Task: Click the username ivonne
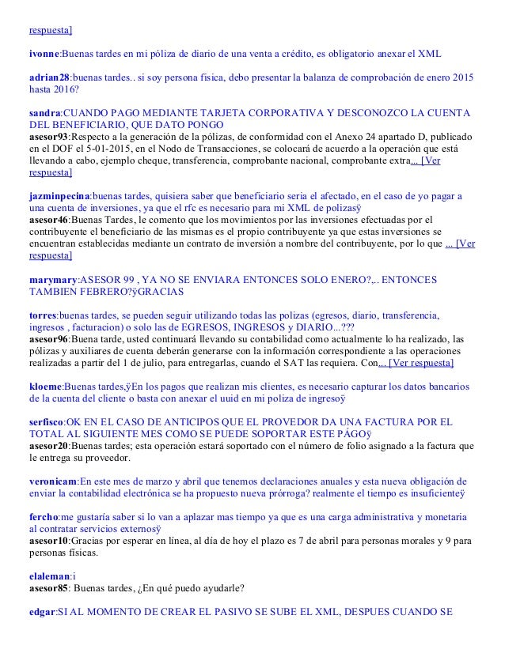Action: (x=44, y=54)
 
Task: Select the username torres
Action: (x=42, y=314)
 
